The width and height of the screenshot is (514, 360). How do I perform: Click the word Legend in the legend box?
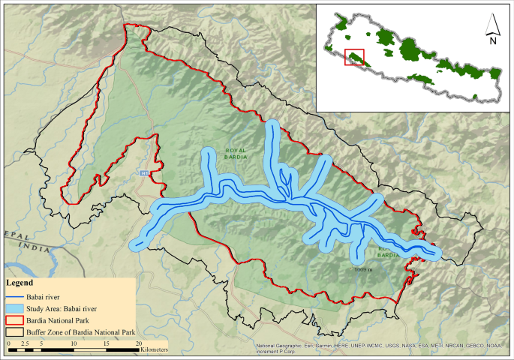click(x=20, y=283)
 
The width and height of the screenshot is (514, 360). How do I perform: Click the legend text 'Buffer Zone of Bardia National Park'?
click(x=80, y=331)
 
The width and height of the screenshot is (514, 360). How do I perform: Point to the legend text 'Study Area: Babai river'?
click(x=62, y=308)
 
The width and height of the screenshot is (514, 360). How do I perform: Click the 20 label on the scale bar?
click(x=139, y=343)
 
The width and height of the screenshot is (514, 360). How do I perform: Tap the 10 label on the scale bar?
click(x=74, y=343)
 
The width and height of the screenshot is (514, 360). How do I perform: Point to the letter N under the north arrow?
click(x=493, y=42)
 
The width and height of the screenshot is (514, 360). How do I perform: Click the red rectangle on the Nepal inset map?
click(x=354, y=57)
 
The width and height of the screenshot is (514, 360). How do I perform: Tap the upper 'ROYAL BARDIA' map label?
click(x=236, y=154)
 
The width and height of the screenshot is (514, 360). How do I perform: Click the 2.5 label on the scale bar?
click(x=24, y=343)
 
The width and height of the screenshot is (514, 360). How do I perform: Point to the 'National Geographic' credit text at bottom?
click(x=282, y=346)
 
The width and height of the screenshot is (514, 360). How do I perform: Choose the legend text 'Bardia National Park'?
click(x=57, y=319)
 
